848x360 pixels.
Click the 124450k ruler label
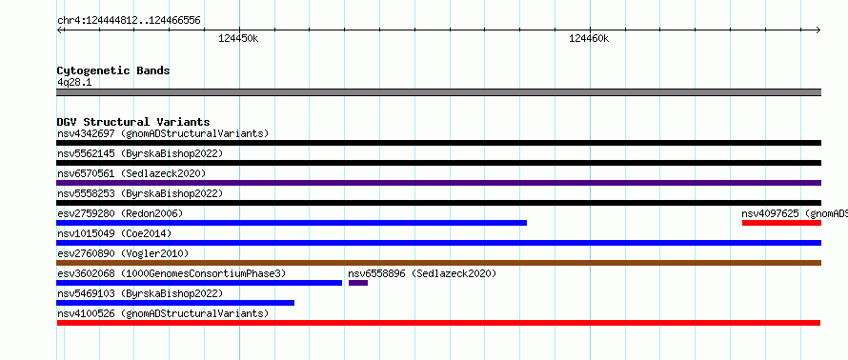click(x=238, y=38)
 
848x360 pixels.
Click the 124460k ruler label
click(x=589, y=38)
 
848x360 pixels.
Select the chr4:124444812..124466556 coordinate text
click(x=129, y=21)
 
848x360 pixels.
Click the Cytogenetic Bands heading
click(x=113, y=70)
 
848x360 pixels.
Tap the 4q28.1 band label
click(x=74, y=82)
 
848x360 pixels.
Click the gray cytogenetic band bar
click(x=438, y=92)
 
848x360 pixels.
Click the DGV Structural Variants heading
click(x=133, y=122)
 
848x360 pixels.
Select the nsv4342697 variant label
click(x=86, y=133)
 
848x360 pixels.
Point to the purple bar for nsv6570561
click(x=438, y=183)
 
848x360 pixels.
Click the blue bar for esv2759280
click(x=292, y=223)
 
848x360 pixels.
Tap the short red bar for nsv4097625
click(x=781, y=223)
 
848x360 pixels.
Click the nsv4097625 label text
click(x=770, y=213)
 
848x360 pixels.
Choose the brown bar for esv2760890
click(x=438, y=263)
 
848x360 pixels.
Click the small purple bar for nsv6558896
click(x=358, y=283)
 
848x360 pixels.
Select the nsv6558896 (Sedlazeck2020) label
click(x=422, y=273)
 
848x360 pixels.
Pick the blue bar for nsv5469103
click(x=175, y=303)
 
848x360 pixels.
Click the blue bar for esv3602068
click(x=199, y=283)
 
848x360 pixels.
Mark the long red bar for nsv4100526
click(x=438, y=323)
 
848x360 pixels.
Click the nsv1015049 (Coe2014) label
click(x=114, y=233)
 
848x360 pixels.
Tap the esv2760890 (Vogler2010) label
click(x=123, y=253)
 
